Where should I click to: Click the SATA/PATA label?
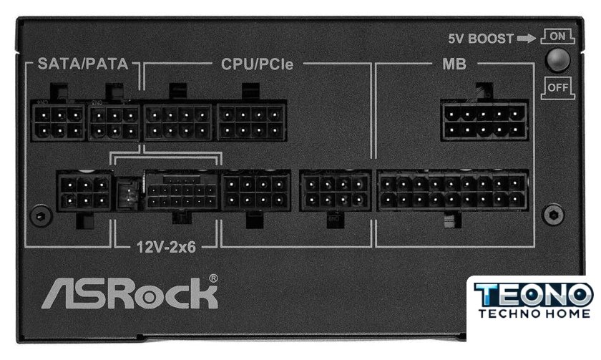point(83,64)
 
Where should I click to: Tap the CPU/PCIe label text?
point(257,64)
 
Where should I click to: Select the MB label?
point(454,64)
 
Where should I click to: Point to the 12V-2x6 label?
point(166,247)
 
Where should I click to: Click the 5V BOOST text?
point(481,39)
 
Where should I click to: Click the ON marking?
point(557,37)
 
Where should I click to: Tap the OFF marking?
point(557,87)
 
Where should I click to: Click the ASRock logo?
point(130,293)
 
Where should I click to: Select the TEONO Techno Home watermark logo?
point(533,301)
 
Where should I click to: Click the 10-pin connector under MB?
point(484,121)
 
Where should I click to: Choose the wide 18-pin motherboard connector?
point(453,191)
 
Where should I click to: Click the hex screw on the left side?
point(41,216)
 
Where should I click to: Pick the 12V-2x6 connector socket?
point(182,191)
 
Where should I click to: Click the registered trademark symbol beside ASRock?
point(213,278)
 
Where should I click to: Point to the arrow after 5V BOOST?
point(527,39)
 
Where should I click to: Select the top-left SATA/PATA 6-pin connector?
point(58,122)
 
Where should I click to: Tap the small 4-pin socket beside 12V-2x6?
point(128,194)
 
